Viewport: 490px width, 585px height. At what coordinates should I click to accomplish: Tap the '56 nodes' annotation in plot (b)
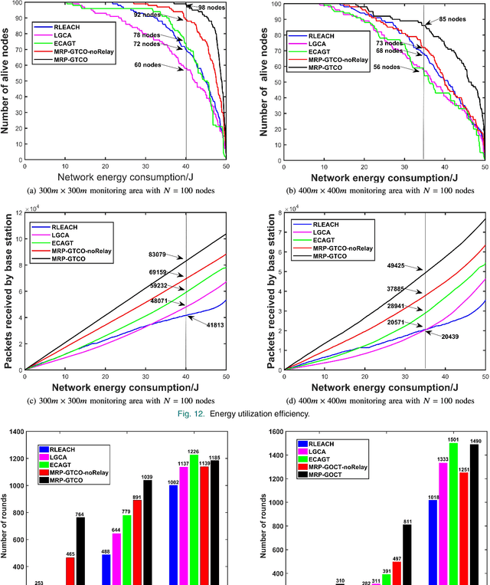coord(386,67)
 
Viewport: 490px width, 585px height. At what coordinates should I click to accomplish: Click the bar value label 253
coord(38,581)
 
